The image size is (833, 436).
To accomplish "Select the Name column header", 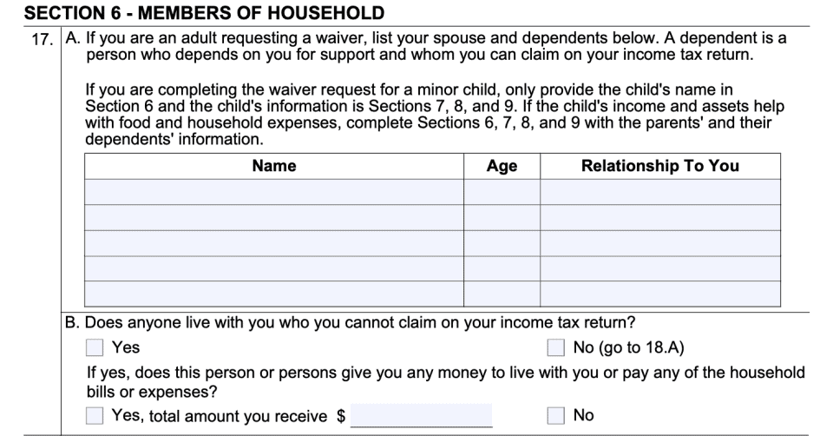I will click(x=273, y=166).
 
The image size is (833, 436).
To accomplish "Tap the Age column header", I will click(x=502, y=166).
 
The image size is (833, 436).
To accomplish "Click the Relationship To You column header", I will click(x=659, y=166).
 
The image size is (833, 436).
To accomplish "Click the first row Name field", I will click(x=273, y=192).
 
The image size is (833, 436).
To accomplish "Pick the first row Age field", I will click(x=502, y=192).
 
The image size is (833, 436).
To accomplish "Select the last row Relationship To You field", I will click(x=659, y=294).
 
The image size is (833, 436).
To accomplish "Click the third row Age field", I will click(x=502, y=243).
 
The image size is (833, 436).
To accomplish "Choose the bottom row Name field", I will click(x=273, y=294).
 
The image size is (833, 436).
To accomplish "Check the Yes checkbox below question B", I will click(x=95, y=348).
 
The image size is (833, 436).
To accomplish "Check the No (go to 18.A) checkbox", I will click(x=556, y=348).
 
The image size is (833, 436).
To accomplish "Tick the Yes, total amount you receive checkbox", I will click(x=95, y=416).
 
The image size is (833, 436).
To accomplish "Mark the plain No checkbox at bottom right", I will click(x=556, y=416).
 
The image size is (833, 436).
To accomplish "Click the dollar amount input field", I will click(x=421, y=415).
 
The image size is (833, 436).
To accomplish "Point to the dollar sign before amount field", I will click(x=341, y=417).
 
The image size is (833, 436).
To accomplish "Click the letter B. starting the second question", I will click(x=74, y=323).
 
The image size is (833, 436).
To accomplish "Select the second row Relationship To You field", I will click(x=659, y=217).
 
